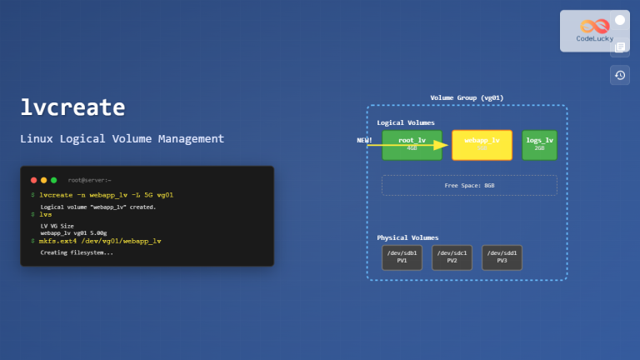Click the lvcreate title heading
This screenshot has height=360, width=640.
(x=72, y=107)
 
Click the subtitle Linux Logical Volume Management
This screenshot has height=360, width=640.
(x=122, y=138)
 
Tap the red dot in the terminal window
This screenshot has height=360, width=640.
(x=34, y=180)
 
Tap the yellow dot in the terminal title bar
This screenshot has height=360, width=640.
(x=44, y=180)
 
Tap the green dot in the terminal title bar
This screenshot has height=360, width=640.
(x=54, y=180)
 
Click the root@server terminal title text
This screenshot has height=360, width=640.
(x=89, y=180)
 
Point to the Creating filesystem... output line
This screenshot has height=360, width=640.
(x=77, y=252)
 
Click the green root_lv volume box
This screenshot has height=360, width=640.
(x=412, y=144)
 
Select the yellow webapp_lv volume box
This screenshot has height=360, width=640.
(x=482, y=144)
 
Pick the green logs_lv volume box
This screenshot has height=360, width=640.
(x=539, y=144)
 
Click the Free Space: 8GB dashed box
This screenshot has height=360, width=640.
(x=469, y=185)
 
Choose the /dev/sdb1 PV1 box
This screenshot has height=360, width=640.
(x=402, y=257)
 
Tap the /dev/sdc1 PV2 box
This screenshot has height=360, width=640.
(x=452, y=257)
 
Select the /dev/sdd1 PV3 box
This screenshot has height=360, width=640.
(x=502, y=257)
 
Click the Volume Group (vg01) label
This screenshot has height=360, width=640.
(x=467, y=97)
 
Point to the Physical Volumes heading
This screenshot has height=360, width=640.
(x=407, y=237)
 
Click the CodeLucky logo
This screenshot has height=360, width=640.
(x=595, y=30)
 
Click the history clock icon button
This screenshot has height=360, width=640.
(x=619, y=75)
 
